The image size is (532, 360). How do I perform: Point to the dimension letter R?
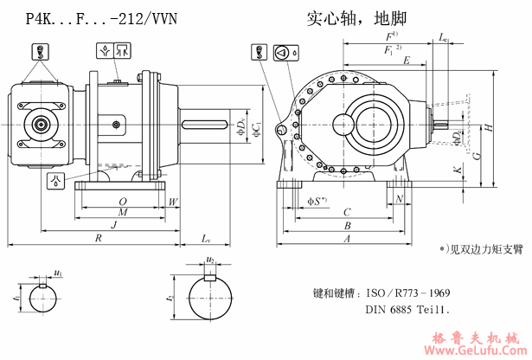click(99, 236)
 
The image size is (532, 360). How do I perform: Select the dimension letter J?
click(113, 224)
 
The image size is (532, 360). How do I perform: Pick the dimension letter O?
click(122, 201)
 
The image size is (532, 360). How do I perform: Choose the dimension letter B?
click(346, 224)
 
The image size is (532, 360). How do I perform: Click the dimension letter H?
click(489, 128)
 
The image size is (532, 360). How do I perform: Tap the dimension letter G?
click(477, 155)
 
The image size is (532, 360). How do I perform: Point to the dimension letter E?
click(406, 61)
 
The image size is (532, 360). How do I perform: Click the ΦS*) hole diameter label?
click(317, 201)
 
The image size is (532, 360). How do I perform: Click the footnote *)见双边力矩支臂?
click(482, 249)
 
